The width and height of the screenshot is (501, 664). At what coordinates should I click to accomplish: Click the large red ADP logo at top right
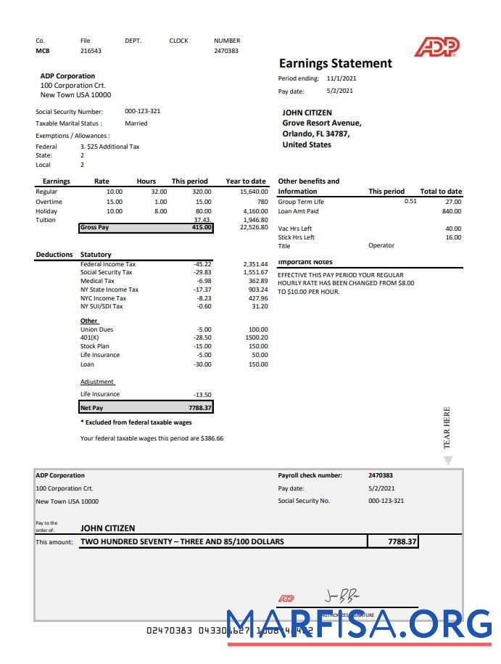click(436, 48)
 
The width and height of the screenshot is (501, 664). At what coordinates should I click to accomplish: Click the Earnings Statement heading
click(335, 64)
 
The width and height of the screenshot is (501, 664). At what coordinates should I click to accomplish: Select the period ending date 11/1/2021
click(341, 78)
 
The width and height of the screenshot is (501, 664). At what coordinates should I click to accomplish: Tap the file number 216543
click(91, 51)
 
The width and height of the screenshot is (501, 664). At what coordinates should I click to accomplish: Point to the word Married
click(136, 123)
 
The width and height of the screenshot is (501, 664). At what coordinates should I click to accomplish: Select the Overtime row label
click(49, 202)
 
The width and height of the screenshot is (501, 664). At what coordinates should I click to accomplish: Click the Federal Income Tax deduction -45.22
click(197, 264)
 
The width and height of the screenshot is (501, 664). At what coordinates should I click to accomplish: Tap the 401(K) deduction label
click(89, 337)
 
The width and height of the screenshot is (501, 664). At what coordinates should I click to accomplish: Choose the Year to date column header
click(246, 181)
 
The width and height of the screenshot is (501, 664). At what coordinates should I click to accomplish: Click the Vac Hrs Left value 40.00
click(452, 229)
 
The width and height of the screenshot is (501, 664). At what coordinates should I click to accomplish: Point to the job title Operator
click(381, 245)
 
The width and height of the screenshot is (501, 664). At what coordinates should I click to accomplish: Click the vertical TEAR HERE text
click(447, 427)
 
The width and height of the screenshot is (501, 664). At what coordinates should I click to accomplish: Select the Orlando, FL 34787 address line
click(315, 134)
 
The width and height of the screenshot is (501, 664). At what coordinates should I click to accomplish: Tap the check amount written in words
click(182, 541)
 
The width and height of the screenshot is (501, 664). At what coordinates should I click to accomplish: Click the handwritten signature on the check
click(341, 597)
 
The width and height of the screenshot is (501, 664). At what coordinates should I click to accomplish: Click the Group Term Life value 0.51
click(410, 201)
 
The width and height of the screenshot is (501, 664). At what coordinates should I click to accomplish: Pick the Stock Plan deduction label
click(95, 346)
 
